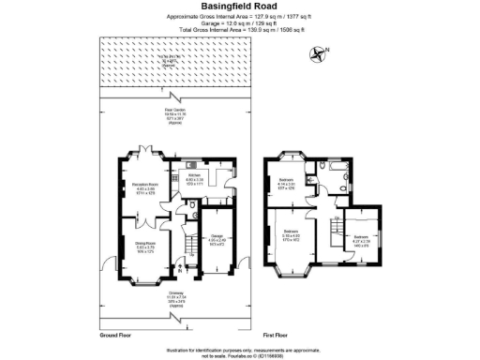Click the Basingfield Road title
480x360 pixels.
pyautogui.click(x=241, y=7)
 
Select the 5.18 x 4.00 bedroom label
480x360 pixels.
pyautogui.click(x=292, y=234)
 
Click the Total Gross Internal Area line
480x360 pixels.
pyautogui.click(x=241, y=29)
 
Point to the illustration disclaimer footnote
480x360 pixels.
pyautogui.click(x=241, y=350)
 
